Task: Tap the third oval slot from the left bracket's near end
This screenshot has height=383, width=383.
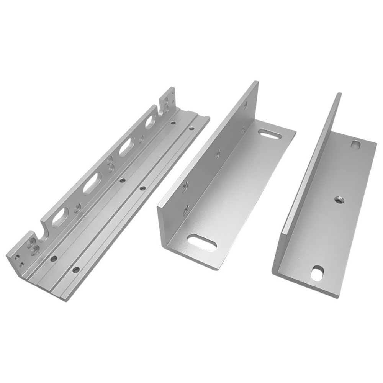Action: click(x=125, y=149)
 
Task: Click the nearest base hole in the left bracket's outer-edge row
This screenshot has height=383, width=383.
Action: click(x=76, y=270)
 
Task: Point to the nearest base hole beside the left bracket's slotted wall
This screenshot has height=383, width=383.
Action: click(x=54, y=258)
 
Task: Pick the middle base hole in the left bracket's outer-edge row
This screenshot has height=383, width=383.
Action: click(x=143, y=188)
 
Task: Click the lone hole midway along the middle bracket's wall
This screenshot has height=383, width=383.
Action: click(x=218, y=154)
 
